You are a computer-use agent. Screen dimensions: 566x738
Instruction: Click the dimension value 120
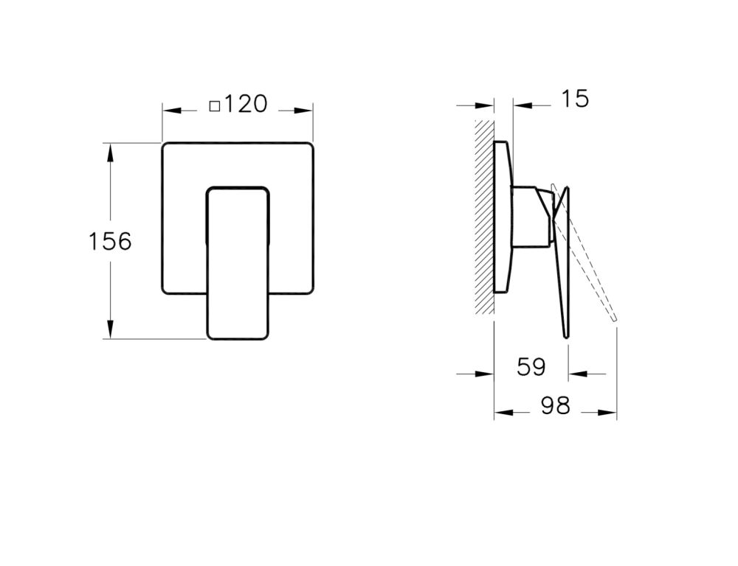246,104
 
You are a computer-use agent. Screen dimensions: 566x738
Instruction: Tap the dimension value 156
110,241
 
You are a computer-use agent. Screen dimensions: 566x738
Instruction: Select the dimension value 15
574,99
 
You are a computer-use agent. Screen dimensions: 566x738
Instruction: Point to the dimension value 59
531,367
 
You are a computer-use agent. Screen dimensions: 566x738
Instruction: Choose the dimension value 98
555,406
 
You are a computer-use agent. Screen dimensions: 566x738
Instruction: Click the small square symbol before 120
215,105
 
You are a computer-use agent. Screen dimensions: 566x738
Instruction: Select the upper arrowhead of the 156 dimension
111,152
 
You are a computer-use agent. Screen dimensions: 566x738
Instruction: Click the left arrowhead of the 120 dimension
170,111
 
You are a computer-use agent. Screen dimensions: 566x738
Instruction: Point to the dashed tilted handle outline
590,273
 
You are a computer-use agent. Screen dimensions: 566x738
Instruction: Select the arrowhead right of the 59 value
576,374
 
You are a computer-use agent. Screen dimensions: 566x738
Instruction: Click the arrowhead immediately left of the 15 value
521,105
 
